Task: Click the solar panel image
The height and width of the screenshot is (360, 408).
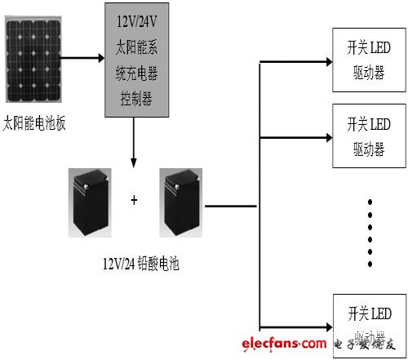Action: [x=34, y=60]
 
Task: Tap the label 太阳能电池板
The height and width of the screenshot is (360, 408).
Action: [x=34, y=124]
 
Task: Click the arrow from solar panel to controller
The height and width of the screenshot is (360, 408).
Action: [x=83, y=58]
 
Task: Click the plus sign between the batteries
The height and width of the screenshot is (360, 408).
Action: [x=134, y=199]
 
